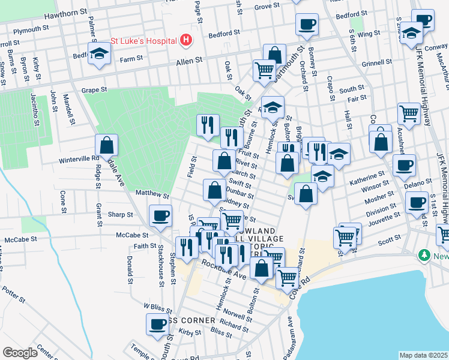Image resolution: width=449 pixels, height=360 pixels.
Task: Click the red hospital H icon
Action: click(x=187, y=40)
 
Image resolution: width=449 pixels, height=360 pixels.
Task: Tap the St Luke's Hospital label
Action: click(x=143, y=41)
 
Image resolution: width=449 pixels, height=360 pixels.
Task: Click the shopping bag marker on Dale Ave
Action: click(x=106, y=145)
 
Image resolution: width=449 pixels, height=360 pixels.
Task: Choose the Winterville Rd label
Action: click(x=78, y=159)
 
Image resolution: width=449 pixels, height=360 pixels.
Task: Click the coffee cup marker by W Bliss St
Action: click(x=157, y=324)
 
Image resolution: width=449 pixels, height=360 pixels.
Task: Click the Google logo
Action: click(x=20, y=352)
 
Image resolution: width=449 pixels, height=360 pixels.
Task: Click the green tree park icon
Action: click(x=425, y=256)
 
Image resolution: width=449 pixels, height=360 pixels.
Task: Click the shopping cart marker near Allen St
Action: click(x=264, y=70)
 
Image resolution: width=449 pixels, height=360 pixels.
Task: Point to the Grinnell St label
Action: click(x=376, y=62)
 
